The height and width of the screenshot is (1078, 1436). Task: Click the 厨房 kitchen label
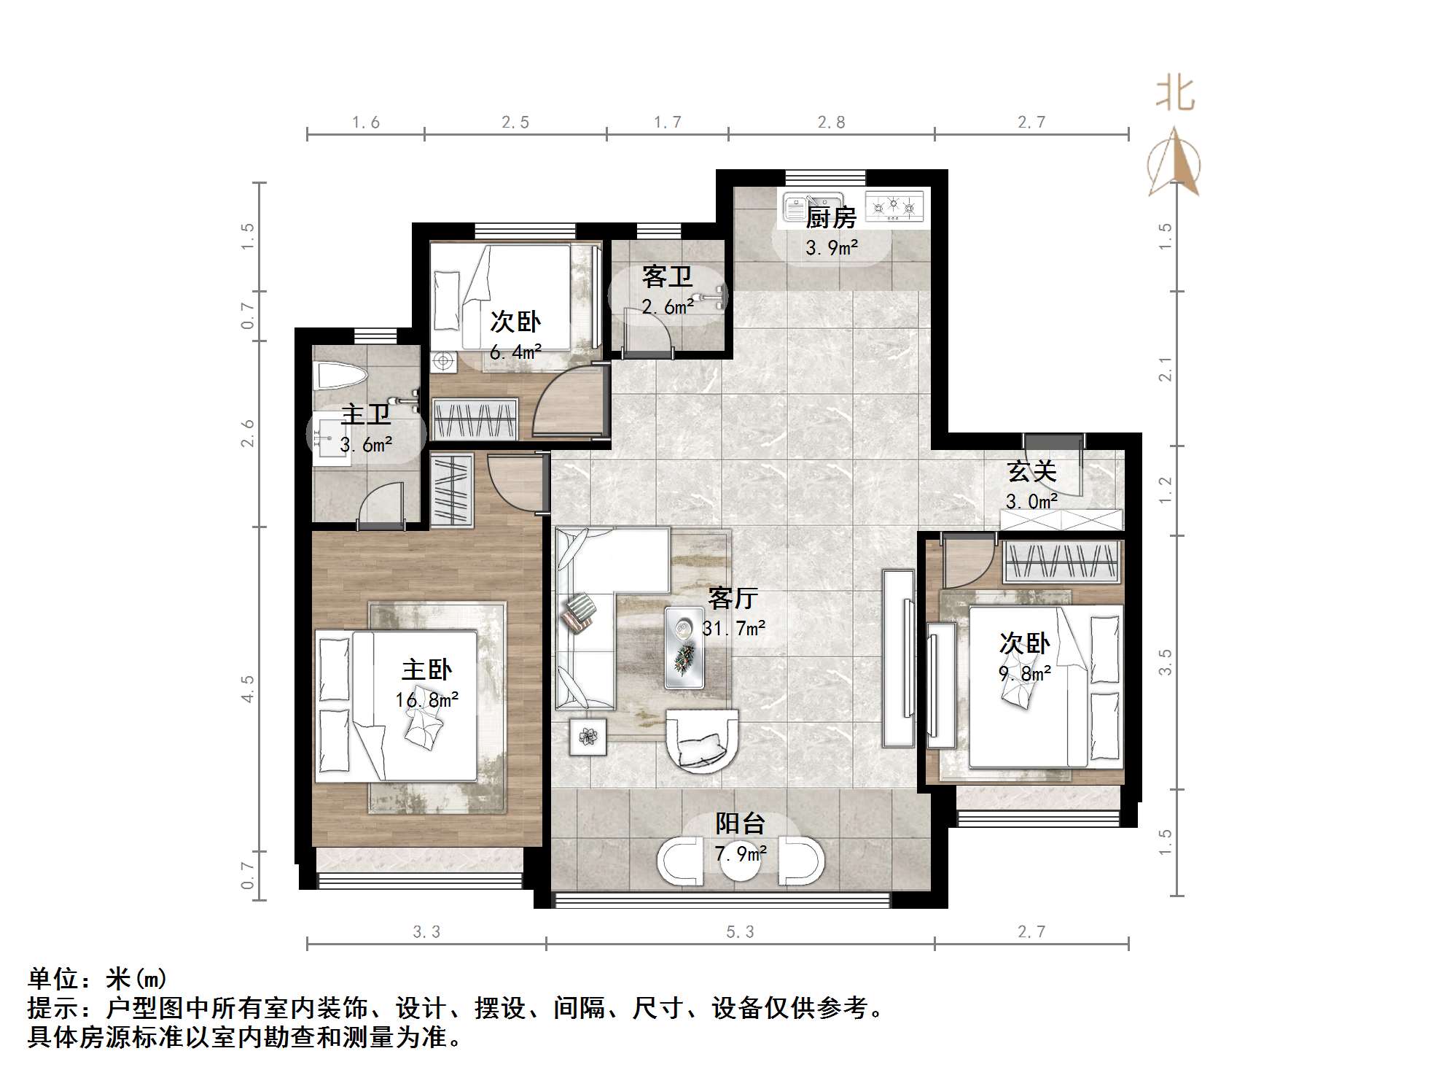830,217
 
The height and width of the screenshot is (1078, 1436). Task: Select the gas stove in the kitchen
894,207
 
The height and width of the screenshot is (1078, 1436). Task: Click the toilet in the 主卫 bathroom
339,377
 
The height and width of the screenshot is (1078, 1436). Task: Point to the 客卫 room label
666,276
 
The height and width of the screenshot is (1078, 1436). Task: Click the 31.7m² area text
733,628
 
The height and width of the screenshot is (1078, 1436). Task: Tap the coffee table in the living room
684,647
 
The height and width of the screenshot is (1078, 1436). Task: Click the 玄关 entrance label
1031,471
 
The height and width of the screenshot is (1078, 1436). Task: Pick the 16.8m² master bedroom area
426,700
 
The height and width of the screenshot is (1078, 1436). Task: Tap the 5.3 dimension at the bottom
740,932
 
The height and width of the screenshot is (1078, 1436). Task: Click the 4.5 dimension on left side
248,689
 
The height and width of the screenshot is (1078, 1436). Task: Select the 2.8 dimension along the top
831,123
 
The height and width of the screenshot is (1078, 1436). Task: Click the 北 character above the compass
1175,94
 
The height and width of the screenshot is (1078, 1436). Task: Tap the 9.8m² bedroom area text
1024,673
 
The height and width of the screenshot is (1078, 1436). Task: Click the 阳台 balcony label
739,823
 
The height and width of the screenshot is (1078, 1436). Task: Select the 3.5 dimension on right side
1165,662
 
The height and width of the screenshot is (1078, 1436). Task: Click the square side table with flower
588,737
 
